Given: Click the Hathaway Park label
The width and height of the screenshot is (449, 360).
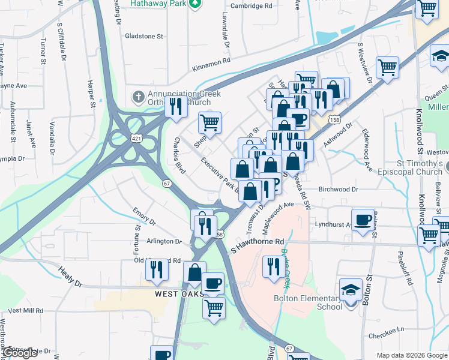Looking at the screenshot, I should click(x=160, y=4).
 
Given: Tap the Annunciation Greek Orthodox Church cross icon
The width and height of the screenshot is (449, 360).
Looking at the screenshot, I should click(x=137, y=96).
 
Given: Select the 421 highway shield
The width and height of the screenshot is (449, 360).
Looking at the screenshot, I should click(x=138, y=139).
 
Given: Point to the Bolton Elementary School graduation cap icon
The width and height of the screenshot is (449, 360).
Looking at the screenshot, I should click(x=351, y=290).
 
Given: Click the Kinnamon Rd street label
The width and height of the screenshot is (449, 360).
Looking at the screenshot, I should click(x=211, y=61).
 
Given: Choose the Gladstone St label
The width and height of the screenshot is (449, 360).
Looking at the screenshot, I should click(x=143, y=36).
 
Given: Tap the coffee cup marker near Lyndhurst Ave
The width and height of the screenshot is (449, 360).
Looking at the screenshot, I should click(x=363, y=220).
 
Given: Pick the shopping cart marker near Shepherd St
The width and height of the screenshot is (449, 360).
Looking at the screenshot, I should click(x=209, y=122).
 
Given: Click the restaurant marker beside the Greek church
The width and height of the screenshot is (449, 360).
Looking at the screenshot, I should click(x=175, y=106).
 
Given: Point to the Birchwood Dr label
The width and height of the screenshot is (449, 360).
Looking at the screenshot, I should click(x=338, y=188).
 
